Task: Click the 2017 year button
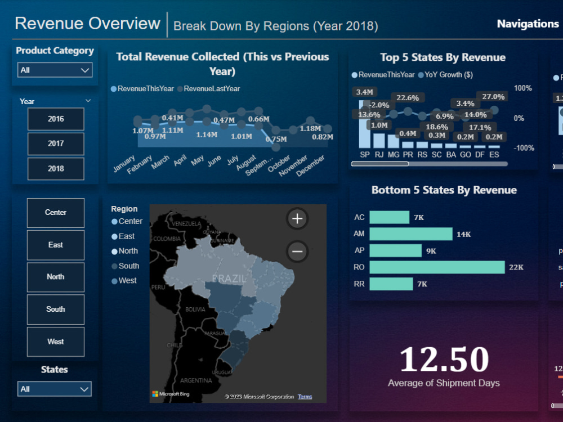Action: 56,143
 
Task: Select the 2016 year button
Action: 56,119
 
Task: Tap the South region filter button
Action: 56,309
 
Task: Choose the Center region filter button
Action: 56,213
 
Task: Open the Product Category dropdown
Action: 55,70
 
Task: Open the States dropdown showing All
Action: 55,389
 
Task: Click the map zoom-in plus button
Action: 297,219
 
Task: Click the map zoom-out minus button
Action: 297,251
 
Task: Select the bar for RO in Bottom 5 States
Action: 437,267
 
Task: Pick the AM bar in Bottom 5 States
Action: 411,234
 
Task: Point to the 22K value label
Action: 516,267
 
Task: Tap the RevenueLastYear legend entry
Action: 211,89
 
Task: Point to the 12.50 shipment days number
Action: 444,358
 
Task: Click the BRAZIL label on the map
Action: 229,279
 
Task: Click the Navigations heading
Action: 528,24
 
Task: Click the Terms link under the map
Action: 305,397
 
